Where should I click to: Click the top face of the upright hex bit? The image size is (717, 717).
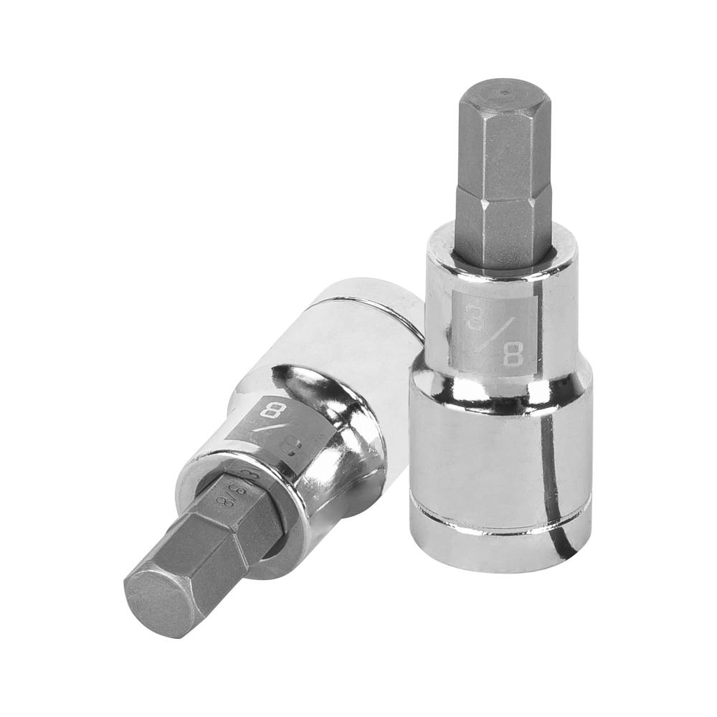click(x=505, y=92)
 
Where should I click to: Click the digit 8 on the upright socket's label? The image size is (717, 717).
click(x=512, y=353)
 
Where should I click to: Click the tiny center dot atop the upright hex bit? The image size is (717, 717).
click(x=505, y=92)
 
